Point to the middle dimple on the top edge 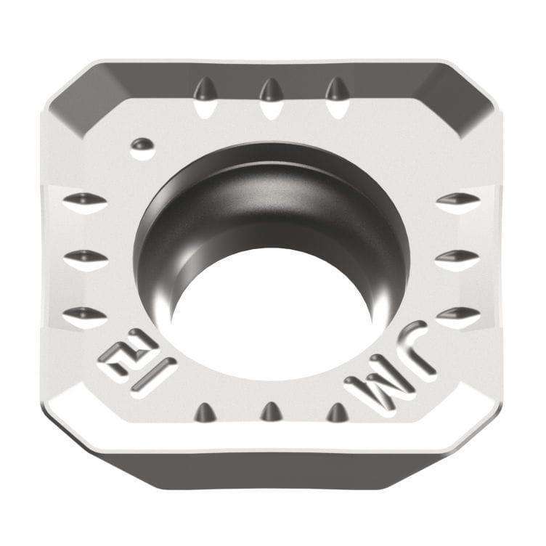click(270, 91)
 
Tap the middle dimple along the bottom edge click(271, 412)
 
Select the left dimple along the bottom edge click(205, 412)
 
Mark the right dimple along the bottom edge click(337, 412)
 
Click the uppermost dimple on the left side click(84, 200)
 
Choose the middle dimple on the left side click(84, 256)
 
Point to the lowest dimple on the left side click(84, 314)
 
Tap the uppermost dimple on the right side click(457, 199)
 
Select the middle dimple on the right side click(457, 256)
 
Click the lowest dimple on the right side click(457, 314)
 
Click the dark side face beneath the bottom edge click(272, 472)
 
